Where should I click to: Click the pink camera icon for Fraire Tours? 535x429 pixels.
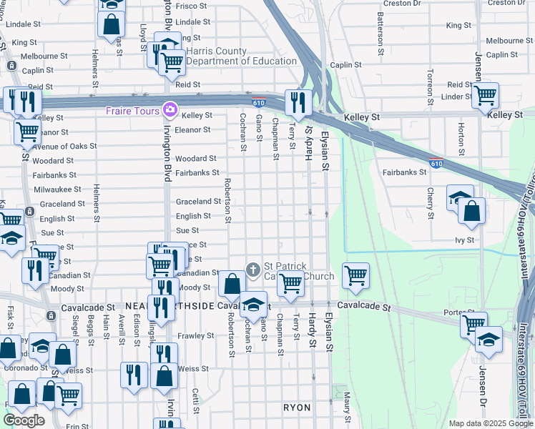pyautogui.click(x=170, y=109)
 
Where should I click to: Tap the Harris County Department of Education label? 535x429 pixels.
pyautogui.click(x=241, y=56)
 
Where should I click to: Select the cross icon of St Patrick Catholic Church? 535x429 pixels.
pyautogui.click(x=252, y=270)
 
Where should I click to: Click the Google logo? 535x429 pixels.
pyautogui.click(x=24, y=420)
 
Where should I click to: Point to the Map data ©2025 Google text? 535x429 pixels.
pyautogui.click(x=490, y=423)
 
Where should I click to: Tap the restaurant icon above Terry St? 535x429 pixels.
pyautogui.click(x=297, y=102)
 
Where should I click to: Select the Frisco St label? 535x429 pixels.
pyautogui.click(x=191, y=6)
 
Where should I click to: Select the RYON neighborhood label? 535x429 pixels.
pyautogui.click(x=297, y=408)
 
